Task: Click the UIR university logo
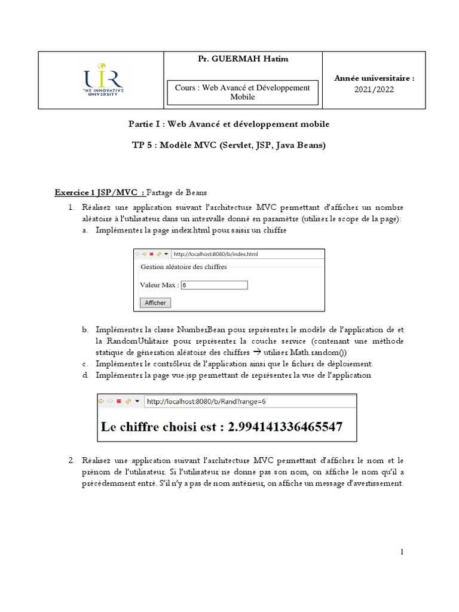[103, 79]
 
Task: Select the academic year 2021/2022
[374, 90]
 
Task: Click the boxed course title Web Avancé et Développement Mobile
[242, 92]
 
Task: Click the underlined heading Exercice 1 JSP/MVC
[99, 192]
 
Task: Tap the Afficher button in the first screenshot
[155, 303]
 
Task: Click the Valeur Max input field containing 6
[213, 285]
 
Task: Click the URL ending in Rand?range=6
[206, 402]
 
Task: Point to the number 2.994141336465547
[283, 427]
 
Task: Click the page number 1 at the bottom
[403, 553]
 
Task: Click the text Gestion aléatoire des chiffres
[183, 267]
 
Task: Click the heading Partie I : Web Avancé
[229, 124]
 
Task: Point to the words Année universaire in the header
[374, 78]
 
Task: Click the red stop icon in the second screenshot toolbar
[119, 402]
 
